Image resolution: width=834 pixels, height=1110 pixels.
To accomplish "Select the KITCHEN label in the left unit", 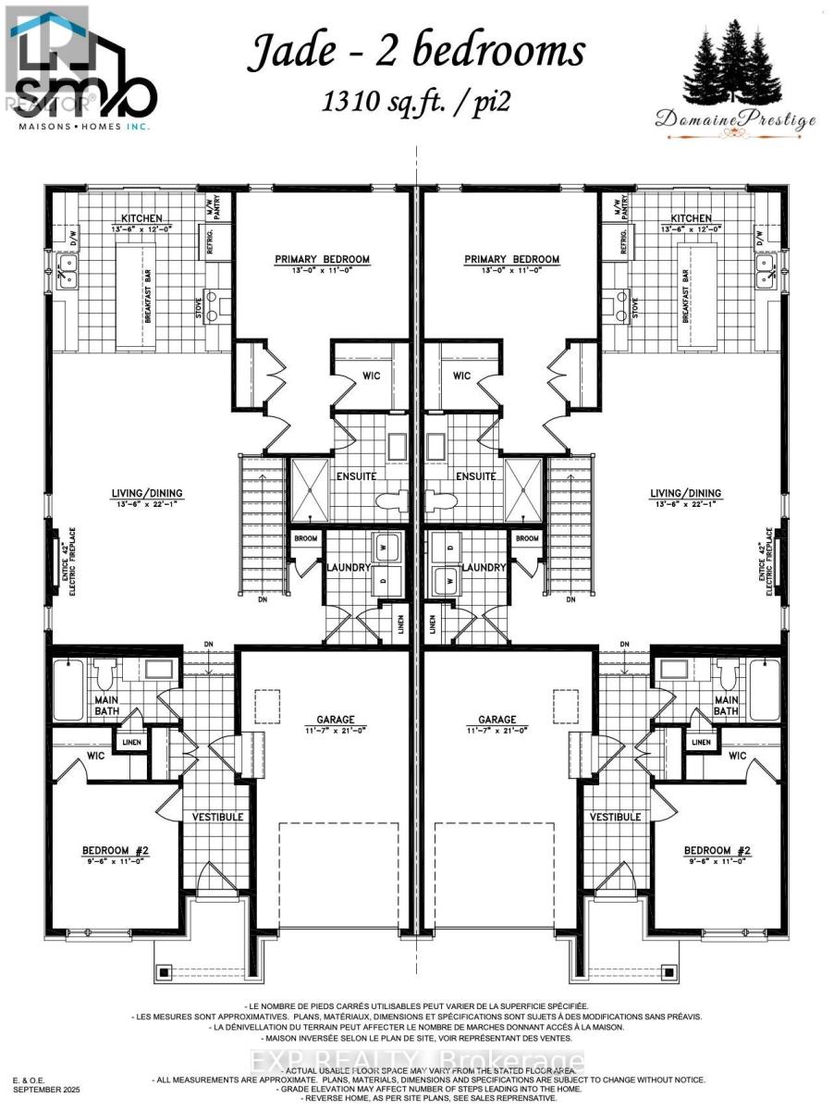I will (141, 218).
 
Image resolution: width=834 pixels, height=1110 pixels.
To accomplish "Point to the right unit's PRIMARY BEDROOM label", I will (511, 259).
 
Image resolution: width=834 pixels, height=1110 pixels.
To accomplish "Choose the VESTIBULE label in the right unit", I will (616, 817).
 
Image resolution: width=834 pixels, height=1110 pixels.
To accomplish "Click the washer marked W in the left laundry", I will (386, 547).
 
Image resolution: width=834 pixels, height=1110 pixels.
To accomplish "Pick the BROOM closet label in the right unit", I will (527, 539).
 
